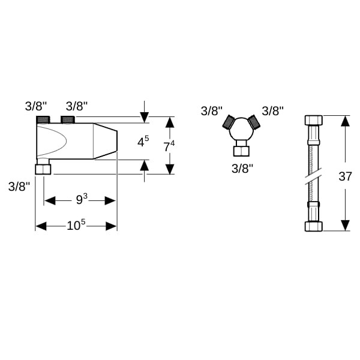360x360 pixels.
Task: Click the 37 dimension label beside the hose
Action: [x=345, y=176]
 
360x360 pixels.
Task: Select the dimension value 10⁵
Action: [x=76, y=225]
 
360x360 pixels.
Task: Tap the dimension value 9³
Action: [x=82, y=199]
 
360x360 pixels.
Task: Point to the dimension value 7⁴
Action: [x=169, y=146]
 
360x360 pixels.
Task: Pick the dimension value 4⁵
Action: [x=143, y=142]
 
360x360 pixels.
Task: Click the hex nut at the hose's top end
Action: [x=314, y=121]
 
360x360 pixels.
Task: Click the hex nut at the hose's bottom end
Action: [x=314, y=226]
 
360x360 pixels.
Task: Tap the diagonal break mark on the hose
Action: [x=313, y=176]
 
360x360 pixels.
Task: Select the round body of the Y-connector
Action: [x=242, y=129]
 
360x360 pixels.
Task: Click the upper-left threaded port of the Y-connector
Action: [x=228, y=122]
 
